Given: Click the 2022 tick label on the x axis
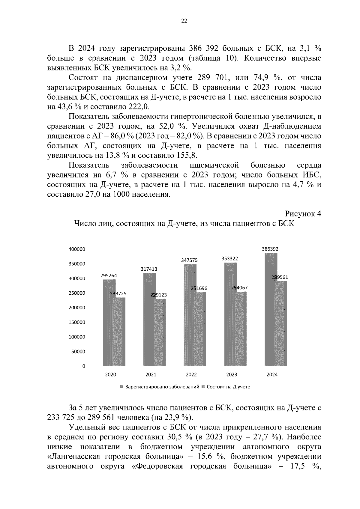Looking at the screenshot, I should pyautogui.click(x=191, y=374).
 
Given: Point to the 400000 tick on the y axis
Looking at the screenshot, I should pyautogui.click(x=77, y=249).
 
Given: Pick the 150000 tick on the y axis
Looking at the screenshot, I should pyautogui.click(x=77, y=322).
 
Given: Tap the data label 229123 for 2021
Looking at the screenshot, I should pyautogui.click(x=158, y=295).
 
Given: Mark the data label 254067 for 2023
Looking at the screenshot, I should pyautogui.click(x=239, y=287).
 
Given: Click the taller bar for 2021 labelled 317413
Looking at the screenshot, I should pyautogui.click(x=150, y=318).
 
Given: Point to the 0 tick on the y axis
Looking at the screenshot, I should pyautogui.click(x=84, y=366).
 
